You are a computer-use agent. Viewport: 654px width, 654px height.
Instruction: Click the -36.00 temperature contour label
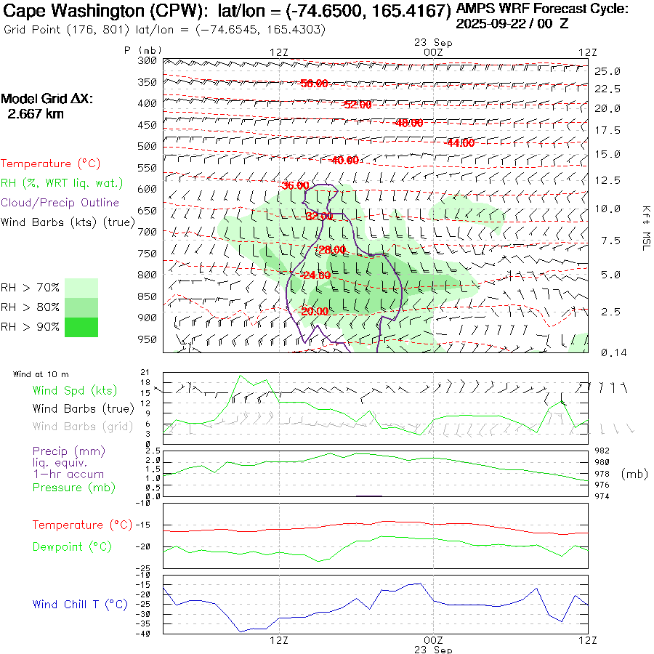click(295, 185)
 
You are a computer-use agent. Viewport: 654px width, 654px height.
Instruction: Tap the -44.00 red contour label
click(459, 143)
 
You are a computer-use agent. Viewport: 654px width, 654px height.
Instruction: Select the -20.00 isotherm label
click(314, 312)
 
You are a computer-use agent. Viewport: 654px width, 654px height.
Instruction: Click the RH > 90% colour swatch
click(81, 327)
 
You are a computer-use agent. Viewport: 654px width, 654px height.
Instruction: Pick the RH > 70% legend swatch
click(81, 288)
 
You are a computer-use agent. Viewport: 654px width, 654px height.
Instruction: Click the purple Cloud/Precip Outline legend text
click(60, 203)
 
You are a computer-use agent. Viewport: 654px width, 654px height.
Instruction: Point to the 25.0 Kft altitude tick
click(607, 71)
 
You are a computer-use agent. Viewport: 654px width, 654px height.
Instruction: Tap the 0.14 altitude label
click(607, 352)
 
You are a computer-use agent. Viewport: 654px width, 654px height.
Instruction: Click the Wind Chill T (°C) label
click(80, 605)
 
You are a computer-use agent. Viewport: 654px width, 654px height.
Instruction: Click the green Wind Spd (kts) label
click(74, 390)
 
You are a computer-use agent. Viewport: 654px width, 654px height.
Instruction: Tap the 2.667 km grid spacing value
click(35, 114)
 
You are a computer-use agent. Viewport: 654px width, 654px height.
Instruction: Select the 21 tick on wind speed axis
click(145, 372)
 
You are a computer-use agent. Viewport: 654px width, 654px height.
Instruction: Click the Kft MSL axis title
click(645, 227)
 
